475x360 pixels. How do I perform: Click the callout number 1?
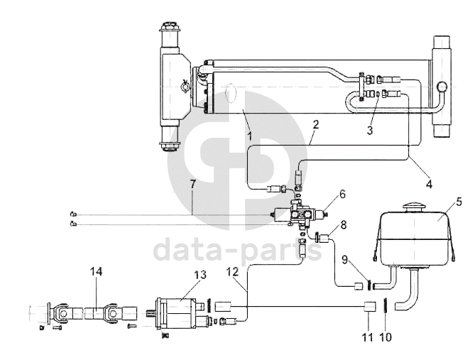point(249,136)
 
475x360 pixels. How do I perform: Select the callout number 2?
point(316,124)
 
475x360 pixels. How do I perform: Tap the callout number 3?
point(370,131)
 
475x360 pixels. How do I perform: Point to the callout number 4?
point(429,184)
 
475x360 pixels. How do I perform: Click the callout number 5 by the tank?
point(459,202)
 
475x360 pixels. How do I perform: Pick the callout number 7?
point(192,184)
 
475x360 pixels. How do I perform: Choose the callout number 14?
point(97,272)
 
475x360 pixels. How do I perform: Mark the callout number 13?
point(200,275)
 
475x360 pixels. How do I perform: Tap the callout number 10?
point(386,337)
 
